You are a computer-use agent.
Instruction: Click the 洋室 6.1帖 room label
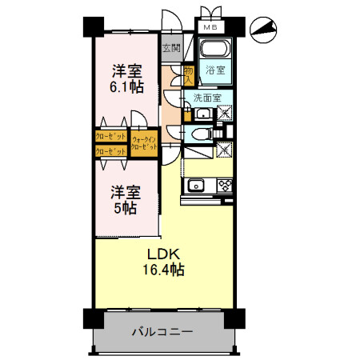point(126,78)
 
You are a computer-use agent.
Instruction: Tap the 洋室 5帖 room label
point(125,200)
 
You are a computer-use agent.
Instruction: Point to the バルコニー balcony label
point(162,330)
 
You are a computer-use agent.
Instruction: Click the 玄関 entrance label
point(171,48)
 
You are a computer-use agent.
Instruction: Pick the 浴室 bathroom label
point(215,70)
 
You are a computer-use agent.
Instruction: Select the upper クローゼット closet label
point(110,137)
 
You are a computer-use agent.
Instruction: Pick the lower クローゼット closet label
point(110,151)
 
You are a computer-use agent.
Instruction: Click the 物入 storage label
point(189,75)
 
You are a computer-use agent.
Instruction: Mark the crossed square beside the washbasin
point(223,114)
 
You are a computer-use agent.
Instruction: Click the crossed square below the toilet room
point(225,149)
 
